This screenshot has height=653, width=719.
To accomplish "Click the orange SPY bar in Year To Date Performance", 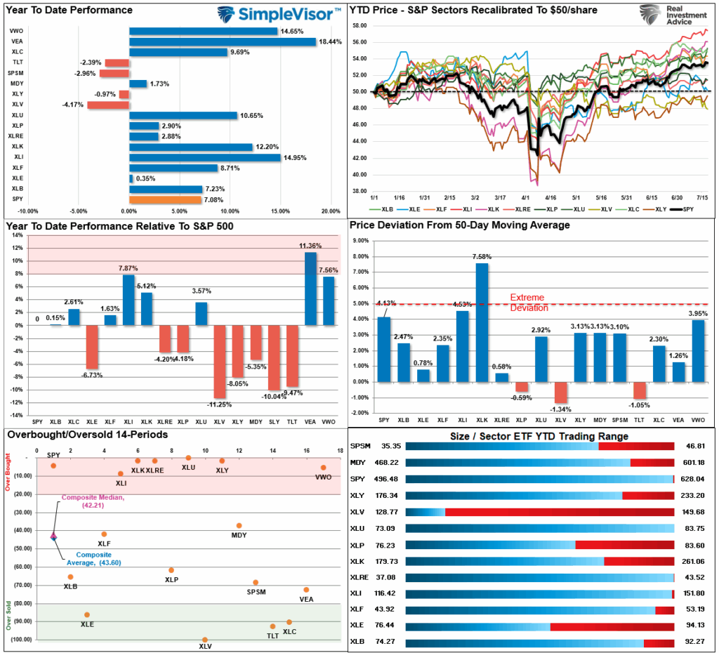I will click(x=164, y=200).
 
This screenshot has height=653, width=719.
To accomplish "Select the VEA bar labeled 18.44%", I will click(x=222, y=41).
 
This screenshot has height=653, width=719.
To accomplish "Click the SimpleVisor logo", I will click(x=279, y=14).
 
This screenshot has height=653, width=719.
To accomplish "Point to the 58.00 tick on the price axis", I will click(x=359, y=25).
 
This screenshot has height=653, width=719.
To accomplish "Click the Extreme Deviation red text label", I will click(x=527, y=303).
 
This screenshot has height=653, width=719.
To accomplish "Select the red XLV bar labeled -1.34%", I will click(x=560, y=393).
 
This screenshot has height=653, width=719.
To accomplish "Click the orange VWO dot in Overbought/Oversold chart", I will click(x=323, y=468).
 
